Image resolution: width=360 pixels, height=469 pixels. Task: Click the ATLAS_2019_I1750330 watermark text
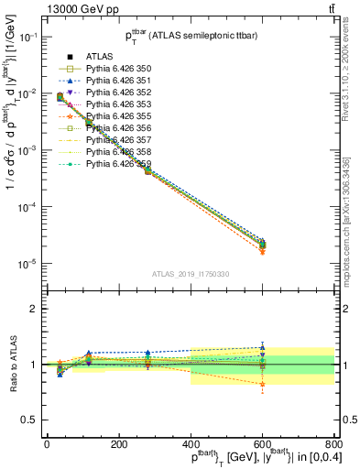(x=190, y=274)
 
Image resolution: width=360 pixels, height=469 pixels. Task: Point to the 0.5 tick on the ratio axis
(x=33, y=420)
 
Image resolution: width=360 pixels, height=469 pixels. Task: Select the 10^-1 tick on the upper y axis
(x=29, y=37)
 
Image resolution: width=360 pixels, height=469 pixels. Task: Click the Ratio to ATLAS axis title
(x=12, y=364)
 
